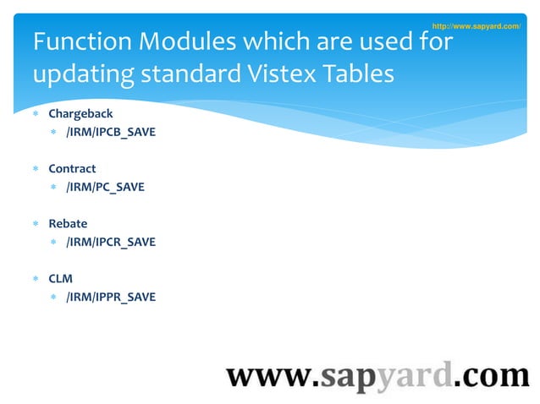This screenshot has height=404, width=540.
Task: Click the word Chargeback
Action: [x=80, y=113]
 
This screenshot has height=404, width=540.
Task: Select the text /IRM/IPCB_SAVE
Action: [x=111, y=132]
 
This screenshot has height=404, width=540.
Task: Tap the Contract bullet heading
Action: [x=72, y=168]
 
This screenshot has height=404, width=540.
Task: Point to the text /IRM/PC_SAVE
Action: [x=105, y=187]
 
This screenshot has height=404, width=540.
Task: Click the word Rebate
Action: [x=68, y=224]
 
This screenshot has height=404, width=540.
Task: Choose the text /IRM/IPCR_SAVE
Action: [x=111, y=242]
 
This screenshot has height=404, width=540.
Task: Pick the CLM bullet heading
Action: [x=61, y=279]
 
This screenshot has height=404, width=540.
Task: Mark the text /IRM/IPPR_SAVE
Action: [x=111, y=298]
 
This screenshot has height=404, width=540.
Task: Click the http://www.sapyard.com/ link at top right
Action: [x=476, y=27]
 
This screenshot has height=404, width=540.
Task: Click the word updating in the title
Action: [x=73, y=74]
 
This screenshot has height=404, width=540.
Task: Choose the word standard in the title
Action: [x=172, y=74]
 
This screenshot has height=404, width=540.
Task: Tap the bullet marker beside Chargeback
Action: [x=36, y=113]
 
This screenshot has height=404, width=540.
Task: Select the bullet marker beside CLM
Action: [x=36, y=279]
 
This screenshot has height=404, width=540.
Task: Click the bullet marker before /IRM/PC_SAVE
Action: [x=53, y=187]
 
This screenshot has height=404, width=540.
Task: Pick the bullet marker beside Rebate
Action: [x=36, y=224]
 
